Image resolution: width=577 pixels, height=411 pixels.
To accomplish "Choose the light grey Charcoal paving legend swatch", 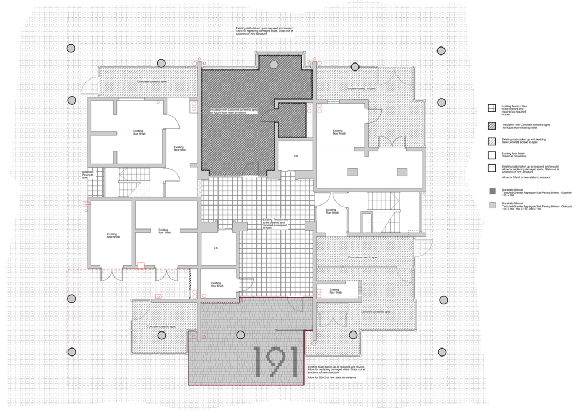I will click(490, 204).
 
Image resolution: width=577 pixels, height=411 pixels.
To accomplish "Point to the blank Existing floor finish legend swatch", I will click(490, 155).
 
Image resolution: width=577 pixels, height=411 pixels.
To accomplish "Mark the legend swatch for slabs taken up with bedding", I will click(490, 140).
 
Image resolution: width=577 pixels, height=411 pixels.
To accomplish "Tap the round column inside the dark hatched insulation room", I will click(274, 65).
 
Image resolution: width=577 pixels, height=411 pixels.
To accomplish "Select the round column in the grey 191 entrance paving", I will click(240, 335).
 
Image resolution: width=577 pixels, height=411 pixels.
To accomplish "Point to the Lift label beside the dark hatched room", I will click(295, 156).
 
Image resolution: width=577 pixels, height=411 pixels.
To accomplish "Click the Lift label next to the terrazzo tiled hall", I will click(216, 248).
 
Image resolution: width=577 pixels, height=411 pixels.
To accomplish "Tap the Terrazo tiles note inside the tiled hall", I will click(275, 223).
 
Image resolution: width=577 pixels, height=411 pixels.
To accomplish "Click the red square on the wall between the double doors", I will click(141, 265).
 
